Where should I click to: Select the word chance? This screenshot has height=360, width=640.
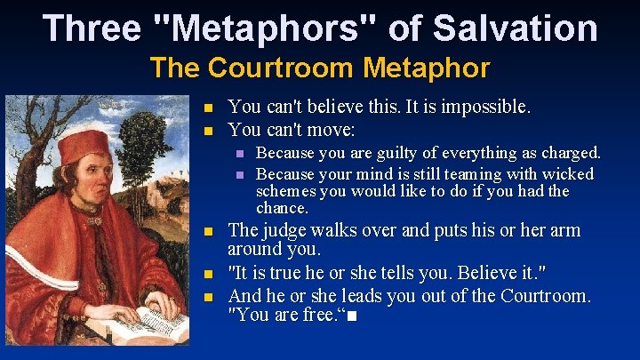[281, 208]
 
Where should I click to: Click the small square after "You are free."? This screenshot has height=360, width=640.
[356, 316]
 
